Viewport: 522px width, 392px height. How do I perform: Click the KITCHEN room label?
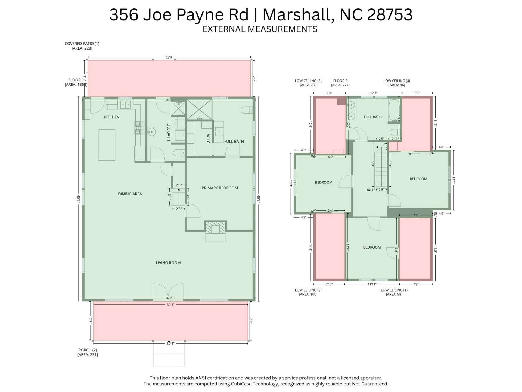[111, 117]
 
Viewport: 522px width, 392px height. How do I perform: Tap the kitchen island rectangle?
[107, 145]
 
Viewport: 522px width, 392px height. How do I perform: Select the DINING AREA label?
[130, 194]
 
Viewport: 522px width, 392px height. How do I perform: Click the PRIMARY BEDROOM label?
[220, 188]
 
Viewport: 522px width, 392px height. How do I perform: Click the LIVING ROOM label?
[168, 263]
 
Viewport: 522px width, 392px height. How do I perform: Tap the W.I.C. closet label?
[208, 139]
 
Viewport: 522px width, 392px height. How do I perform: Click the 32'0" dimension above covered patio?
[169, 57]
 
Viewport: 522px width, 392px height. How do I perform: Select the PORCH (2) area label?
[88, 352]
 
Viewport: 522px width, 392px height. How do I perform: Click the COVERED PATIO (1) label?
[82, 46]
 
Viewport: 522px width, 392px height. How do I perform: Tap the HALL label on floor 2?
[369, 190]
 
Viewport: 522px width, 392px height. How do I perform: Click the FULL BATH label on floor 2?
[373, 117]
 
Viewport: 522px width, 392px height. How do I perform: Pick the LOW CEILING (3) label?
[308, 83]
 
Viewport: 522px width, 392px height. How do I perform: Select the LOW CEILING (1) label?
[394, 292]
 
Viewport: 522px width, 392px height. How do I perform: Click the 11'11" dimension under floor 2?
[372, 284]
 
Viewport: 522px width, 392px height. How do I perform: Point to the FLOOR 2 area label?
[340, 83]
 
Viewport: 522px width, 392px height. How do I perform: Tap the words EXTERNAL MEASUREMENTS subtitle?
[260, 29]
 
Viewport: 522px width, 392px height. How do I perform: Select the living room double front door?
[168, 291]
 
